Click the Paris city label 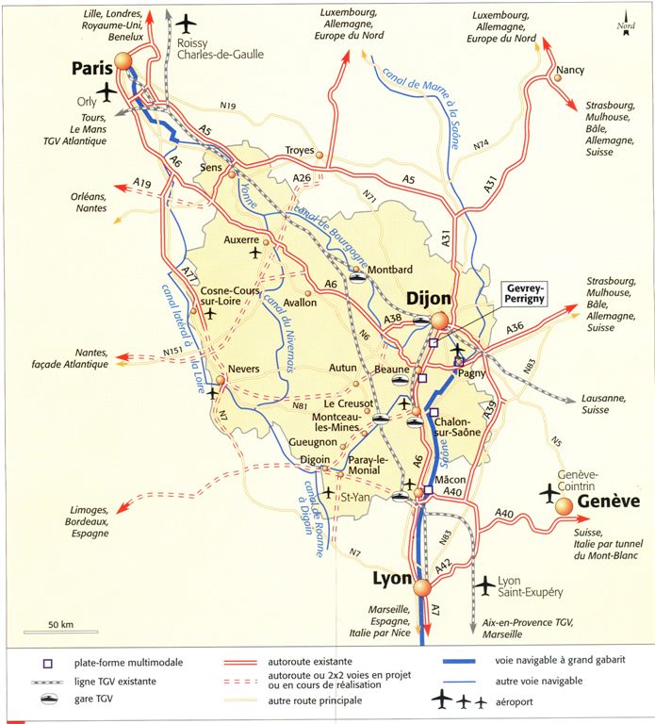pyautogui.click(x=91, y=69)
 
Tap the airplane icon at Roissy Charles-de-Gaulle pyautogui.click(x=188, y=22)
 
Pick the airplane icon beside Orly pyautogui.click(x=110, y=91)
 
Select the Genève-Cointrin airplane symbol pyautogui.click(x=549, y=492)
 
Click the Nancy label pyautogui.click(x=570, y=71)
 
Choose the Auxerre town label pyautogui.click(x=241, y=239)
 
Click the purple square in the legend pyautogui.click(x=46, y=663)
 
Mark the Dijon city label pyautogui.click(x=429, y=300)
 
